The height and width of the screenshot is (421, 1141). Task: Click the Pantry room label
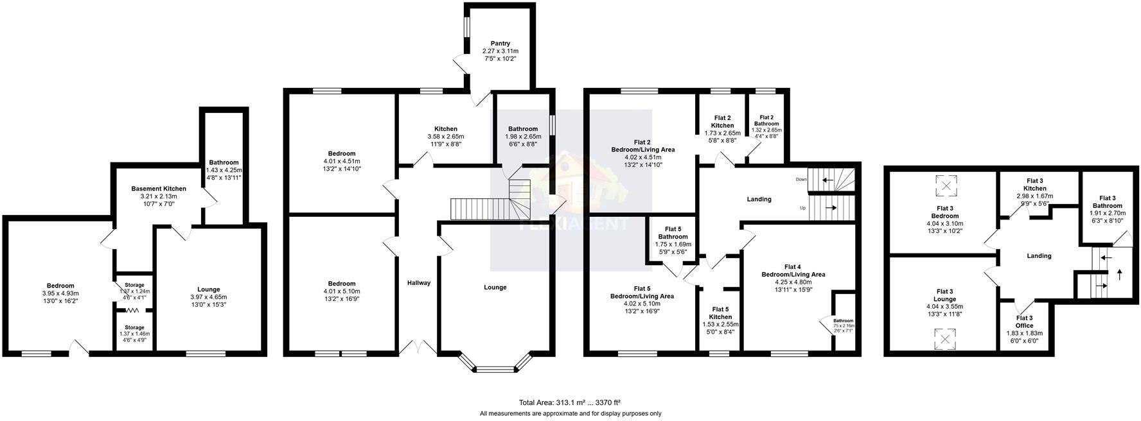[500, 44]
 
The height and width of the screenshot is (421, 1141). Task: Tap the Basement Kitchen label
[159, 189]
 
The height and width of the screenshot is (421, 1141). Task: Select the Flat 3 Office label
[1024, 318]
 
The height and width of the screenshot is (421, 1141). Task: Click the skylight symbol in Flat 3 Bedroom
[945, 186]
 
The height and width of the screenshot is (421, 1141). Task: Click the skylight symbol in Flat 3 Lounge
[944, 338]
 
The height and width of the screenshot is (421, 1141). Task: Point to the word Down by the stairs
[800, 179]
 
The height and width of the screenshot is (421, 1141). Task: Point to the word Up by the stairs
[802, 208]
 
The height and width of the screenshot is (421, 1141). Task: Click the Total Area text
[569, 402]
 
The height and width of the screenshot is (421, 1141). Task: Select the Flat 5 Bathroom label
[673, 233]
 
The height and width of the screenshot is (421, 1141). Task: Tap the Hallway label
[419, 283]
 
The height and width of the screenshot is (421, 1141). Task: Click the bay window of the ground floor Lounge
[495, 368]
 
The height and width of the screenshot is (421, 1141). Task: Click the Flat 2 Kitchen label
[722, 122]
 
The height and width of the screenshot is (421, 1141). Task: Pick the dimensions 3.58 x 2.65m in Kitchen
[446, 137]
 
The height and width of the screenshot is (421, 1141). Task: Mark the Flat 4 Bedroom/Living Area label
[793, 270]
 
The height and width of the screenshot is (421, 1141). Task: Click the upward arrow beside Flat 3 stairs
[1120, 275]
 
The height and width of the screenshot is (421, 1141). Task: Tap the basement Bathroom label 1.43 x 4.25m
[223, 169]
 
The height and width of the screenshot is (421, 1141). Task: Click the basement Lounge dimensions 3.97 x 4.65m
[209, 297]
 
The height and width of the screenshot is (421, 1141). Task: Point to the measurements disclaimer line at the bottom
[570, 414]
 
